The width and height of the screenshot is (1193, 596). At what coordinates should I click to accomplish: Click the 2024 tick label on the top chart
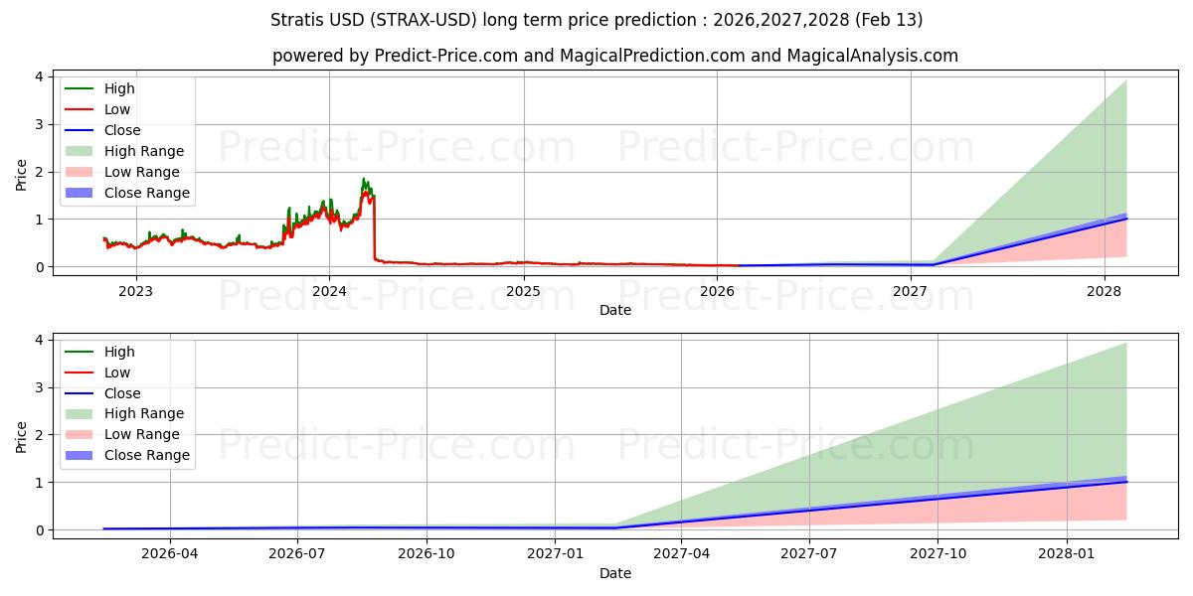tap(329, 291)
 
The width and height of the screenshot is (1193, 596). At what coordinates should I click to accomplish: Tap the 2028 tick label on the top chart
tap(1105, 291)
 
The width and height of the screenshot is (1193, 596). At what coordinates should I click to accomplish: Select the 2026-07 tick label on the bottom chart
tap(298, 554)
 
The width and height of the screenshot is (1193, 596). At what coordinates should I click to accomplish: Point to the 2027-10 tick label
tap(937, 554)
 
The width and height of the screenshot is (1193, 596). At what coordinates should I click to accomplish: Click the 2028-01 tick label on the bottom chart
tap(1067, 554)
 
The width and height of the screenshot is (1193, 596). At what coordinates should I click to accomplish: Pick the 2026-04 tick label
tap(170, 554)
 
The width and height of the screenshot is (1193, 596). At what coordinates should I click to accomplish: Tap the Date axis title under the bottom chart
tap(614, 573)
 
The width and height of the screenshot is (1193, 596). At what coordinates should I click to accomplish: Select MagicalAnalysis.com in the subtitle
tap(872, 56)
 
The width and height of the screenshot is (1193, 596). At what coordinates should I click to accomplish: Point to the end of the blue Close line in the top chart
tap(1126, 218)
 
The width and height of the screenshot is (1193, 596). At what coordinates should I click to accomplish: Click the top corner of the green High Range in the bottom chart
tap(1126, 343)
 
